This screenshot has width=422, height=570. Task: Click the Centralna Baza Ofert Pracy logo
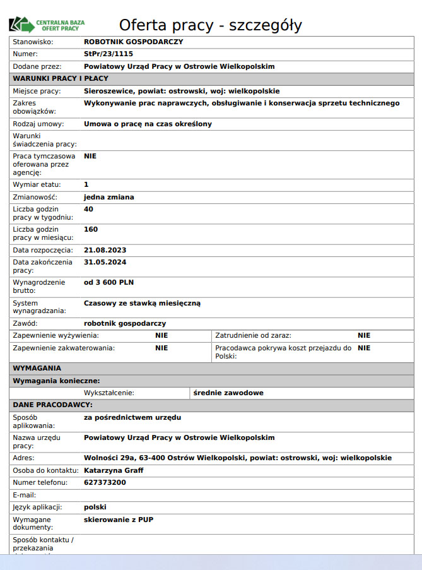click(47, 25)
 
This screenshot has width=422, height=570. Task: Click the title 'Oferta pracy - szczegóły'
click(210, 25)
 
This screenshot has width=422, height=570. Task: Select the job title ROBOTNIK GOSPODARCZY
click(133, 42)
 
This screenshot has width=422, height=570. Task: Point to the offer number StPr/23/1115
click(108, 54)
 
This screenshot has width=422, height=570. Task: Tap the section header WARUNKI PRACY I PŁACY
click(61, 78)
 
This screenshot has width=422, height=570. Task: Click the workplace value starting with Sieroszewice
click(182, 91)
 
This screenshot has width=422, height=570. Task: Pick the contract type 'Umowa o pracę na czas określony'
click(148, 124)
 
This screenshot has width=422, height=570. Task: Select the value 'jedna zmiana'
click(109, 197)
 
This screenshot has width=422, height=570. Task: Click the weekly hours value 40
click(88, 209)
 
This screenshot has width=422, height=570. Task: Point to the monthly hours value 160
click(91, 229)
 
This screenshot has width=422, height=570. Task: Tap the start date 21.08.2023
click(105, 250)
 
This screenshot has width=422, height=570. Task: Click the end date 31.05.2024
click(105, 262)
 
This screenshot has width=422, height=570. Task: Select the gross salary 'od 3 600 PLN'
click(109, 282)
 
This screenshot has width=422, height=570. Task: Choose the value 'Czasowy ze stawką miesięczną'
click(142, 303)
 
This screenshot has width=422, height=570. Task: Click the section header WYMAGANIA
click(37, 367)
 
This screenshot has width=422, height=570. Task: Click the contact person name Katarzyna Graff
click(114, 470)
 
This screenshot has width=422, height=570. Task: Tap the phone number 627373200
click(105, 482)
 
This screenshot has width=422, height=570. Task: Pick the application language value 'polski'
click(95, 507)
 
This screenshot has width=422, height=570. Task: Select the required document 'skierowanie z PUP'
click(119, 520)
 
